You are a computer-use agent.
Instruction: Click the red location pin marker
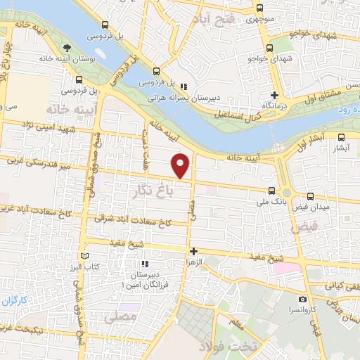click(181, 165)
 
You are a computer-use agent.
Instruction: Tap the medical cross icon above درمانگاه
click(275, 95)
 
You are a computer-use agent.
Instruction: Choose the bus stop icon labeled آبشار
click(341, 138)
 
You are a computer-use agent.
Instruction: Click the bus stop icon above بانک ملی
click(271, 190)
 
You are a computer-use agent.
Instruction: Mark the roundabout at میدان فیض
click(286, 193)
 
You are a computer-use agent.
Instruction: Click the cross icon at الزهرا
click(194, 251)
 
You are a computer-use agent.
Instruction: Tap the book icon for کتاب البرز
click(86, 256)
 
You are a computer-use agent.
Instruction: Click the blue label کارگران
click(15, 302)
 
